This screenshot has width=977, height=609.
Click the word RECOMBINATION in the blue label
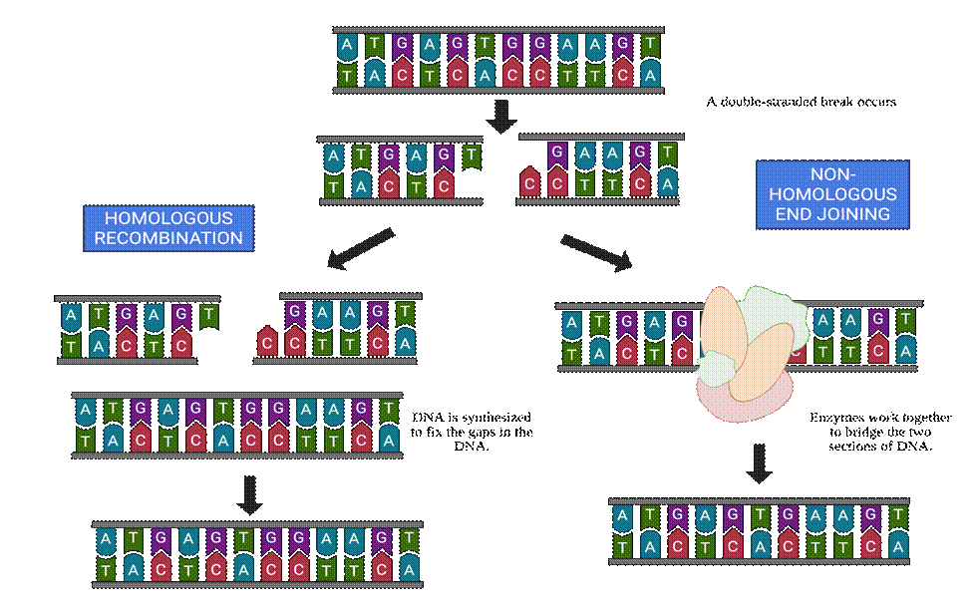[168, 238]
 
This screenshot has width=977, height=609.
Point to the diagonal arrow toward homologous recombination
[361, 249]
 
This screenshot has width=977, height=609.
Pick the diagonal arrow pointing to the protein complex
[596, 252]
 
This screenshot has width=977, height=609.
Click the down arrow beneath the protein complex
[760, 462]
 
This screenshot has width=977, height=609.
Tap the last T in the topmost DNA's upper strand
[650, 45]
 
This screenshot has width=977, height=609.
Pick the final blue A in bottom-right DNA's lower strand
[897, 546]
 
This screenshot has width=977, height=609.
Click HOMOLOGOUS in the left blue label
[168, 218]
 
